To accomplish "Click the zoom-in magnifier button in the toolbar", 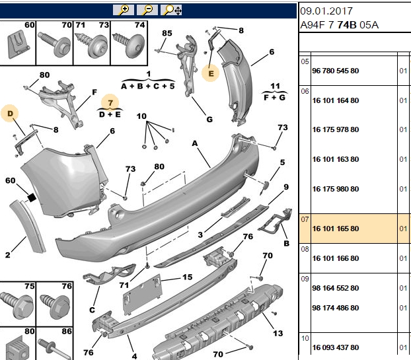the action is pyautogui.click(x=124, y=10).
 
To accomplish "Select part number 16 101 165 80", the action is pyautogui.click(x=336, y=229).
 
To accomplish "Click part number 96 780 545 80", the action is pyautogui.click(x=336, y=71).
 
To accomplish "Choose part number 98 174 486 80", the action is pyautogui.click(x=336, y=308).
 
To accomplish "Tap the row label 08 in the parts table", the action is pyautogui.click(x=305, y=249).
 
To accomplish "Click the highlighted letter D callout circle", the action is pyautogui.click(x=10, y=114).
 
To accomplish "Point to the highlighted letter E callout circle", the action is pyautogui.click(x=211, y=73).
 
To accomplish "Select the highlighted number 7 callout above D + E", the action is pyautogui.click(x=110, y=102).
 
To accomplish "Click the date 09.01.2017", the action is pyautogui.click(x=326, y=11).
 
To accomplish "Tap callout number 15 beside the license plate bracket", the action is pyautogui.click(x=188, y=277).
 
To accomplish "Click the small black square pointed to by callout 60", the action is pyautogui.click(x=32, y=198).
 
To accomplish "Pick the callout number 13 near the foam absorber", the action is pyautogui.click(x=278, y=334).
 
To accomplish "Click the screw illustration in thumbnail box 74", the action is pyautogui.click(x=128, y=44).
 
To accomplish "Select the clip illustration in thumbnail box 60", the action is pyautogui.click(x=18, y=44).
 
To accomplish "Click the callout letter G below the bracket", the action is pyautogui.click(x=209, y=120).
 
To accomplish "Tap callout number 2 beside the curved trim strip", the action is pyautogui.click(x=8, y=255).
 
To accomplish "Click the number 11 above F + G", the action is pyautogui.click(x=275, y=86).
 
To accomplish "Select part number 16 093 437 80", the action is pyautogui.click(x=336, y=347).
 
